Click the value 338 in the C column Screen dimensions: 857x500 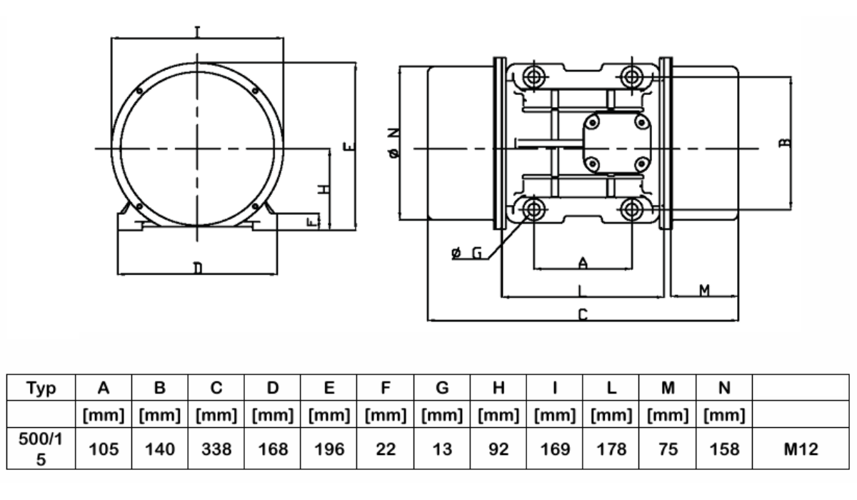click(x=216, y=449)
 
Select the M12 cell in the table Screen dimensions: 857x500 click(x=801, y=449)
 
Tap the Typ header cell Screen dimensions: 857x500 click(x=41, y=388)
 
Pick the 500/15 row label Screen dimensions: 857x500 click(x=41, y=449)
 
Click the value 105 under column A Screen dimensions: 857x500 click(x=104, y=449)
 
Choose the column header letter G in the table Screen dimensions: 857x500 click(x=442, y=388)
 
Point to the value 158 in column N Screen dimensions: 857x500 click(x=724, y=449)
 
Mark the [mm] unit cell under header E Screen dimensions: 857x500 click(x=329, y=415)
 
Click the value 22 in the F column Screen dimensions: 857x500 click(x=385, y=449)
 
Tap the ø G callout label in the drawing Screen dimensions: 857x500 click(x=466, y=253)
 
